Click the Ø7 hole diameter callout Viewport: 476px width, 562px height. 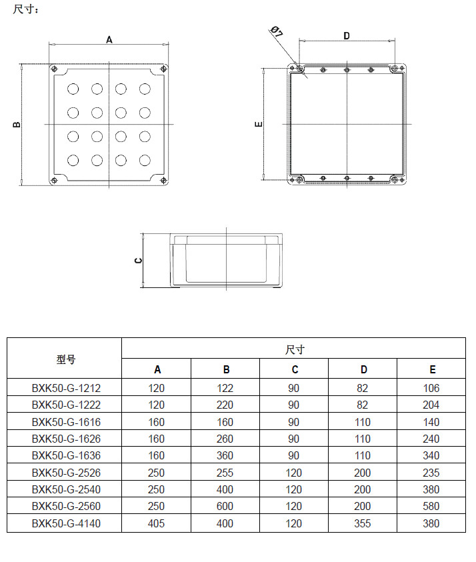(x=277, y=31)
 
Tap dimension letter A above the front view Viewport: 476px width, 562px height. (x=109, y=39)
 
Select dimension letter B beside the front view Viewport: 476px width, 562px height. (x=17, y=125)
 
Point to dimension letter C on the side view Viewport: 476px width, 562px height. (x=138, y=261)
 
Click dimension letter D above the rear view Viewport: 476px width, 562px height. (x=347, y=36)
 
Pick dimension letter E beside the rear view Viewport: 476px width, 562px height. (x=259, y=125)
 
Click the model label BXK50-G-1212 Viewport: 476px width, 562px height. (x=66, y=388)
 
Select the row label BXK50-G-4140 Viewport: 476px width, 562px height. (x=66, y=523)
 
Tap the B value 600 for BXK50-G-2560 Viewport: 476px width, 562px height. (x=225, y=507)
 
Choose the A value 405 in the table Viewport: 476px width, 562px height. (x=156, y=523)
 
